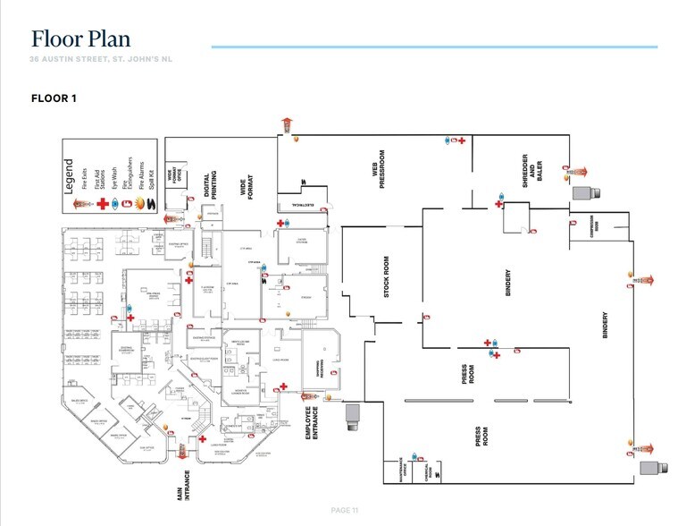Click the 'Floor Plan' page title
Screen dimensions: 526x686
81,38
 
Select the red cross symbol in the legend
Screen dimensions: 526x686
103,203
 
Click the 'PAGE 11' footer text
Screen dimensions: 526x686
344,510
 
